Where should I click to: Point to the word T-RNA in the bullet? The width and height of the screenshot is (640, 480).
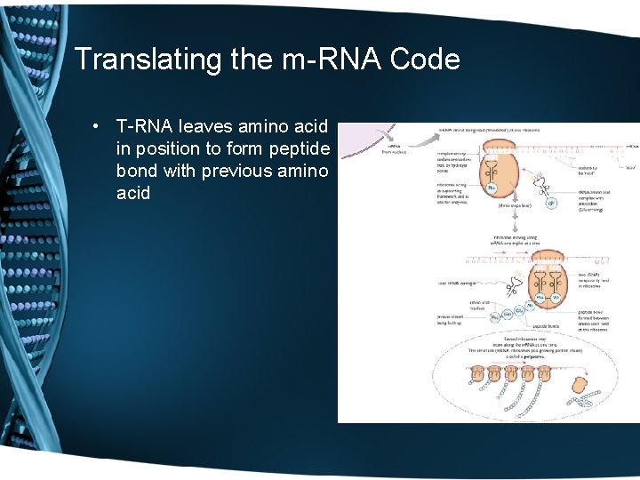145,127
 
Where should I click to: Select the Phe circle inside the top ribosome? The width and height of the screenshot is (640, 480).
492,188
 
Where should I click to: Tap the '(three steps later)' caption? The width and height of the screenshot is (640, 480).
517,204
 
